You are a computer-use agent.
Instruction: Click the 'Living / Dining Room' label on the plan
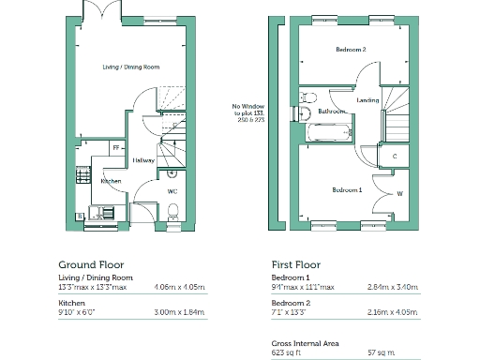coord(130,67)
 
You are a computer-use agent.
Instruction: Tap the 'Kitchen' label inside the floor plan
coord(112,180)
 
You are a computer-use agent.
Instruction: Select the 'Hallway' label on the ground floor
coord(143,159)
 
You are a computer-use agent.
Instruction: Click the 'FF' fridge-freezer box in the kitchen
coord(116,147)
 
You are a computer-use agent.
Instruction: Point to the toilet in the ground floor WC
coord(171,172)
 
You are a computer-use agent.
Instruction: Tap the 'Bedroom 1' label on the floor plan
coord(347,189)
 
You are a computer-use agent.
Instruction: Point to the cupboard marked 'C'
coord(395,156)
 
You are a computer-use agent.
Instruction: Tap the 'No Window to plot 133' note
coord(248,113)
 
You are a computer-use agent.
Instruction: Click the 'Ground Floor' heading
coord(91,265)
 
